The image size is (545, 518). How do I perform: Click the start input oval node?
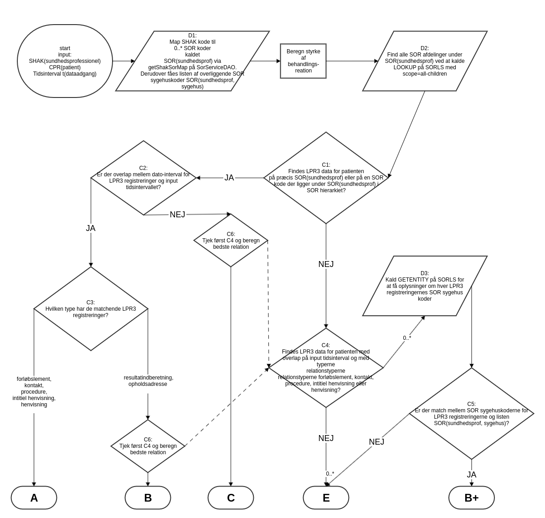65,61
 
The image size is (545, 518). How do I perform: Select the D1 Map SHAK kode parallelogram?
192,61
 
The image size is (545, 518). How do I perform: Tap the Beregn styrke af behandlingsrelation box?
303,61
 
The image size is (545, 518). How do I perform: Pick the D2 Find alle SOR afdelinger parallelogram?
425,61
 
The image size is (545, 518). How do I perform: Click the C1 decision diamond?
326,178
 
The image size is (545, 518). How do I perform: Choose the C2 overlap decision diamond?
144,178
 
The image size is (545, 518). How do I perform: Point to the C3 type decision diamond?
91,308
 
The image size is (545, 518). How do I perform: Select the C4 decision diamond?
326,368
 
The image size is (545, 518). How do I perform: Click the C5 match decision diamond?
471,413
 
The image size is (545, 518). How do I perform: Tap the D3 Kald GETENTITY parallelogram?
425,286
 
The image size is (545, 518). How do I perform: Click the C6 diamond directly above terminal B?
148,446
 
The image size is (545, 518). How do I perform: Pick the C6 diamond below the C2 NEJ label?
231,240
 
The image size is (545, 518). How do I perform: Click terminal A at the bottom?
34,497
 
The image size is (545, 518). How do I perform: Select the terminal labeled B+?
471,497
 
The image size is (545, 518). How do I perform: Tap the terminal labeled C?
231,497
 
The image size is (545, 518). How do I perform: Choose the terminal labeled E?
326,497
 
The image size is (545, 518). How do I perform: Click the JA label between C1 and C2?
229,178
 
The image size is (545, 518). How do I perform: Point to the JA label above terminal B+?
471,475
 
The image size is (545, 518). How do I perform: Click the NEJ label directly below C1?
326,264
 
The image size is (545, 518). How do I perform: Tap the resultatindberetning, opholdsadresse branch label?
148,381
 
